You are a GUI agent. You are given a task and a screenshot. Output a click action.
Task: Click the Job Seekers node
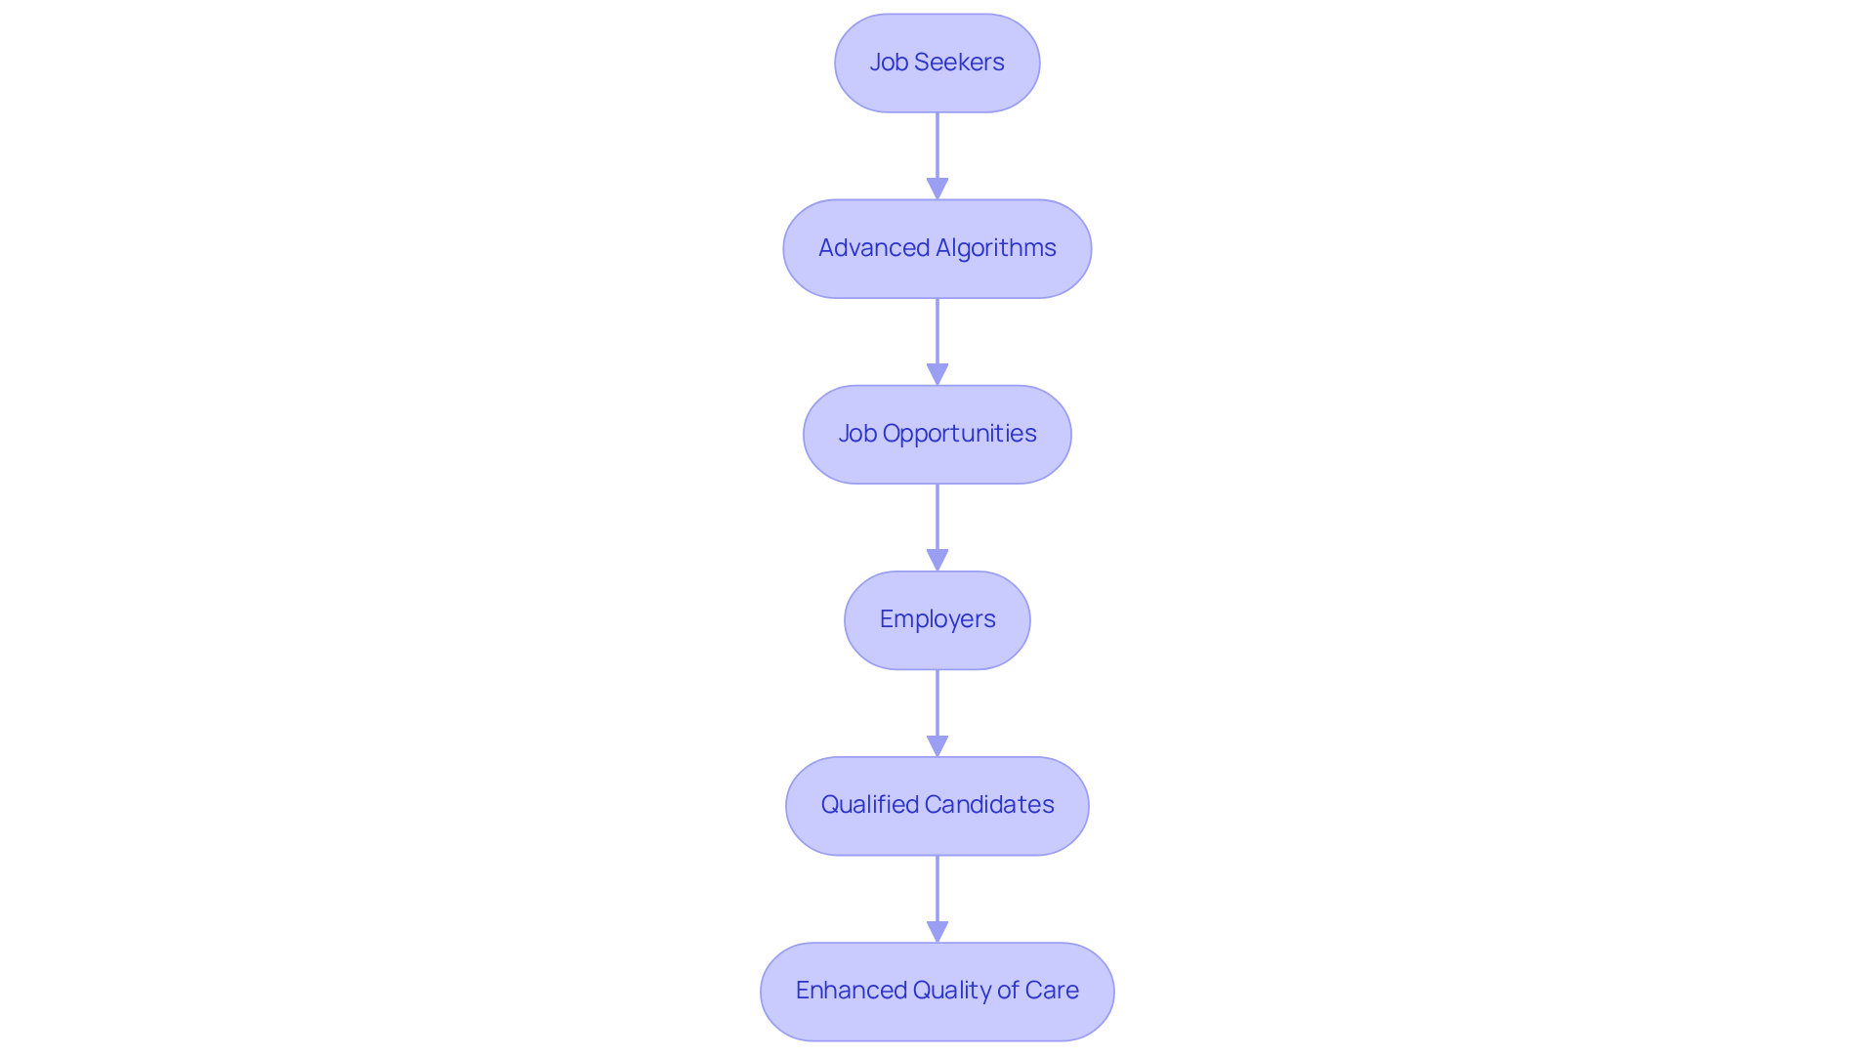point(937,63)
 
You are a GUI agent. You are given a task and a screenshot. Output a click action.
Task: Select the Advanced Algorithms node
point(937,248)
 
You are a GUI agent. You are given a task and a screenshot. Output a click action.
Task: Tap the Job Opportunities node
point(937,434)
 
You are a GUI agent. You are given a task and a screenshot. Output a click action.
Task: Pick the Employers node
point(937,619)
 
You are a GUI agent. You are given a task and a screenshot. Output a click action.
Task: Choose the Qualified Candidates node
point(937,805)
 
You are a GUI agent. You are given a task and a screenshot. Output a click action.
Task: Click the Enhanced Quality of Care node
point(937,991)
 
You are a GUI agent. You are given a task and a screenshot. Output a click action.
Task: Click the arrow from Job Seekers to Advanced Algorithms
point(937,151)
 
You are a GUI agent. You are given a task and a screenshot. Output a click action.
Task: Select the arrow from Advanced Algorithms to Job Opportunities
point(937,337)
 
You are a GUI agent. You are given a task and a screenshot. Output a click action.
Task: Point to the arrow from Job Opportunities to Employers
point(937,523)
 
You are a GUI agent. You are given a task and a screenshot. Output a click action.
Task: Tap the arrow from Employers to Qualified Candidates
point(937,708)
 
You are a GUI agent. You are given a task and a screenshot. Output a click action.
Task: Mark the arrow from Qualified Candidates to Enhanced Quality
point(937,894)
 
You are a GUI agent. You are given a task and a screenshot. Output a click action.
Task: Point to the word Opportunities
point(959,434)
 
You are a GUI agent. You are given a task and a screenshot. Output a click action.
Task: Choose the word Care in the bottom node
point(1052,991)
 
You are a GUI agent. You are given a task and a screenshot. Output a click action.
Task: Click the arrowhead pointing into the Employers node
point(937,560)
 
